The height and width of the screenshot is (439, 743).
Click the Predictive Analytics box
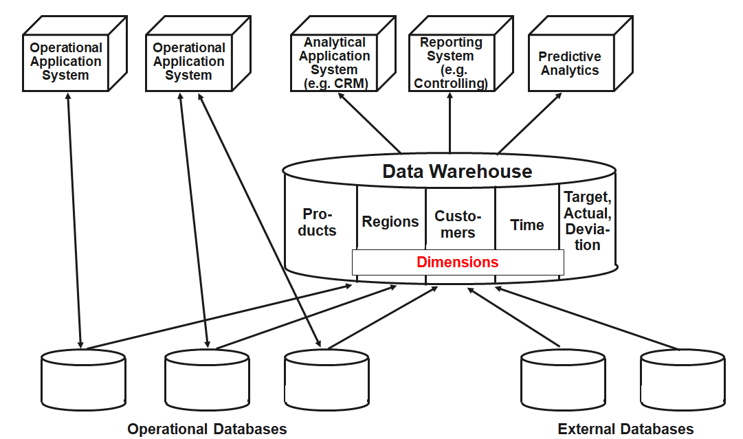pyautogui.click(x=569, y=63)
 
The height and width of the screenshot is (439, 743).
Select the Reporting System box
pyautogui.click(x=450, y=63)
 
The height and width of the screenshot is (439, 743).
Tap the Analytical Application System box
pyautogui.click(x=335, y=63)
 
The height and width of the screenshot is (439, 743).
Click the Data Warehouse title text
pyautogui.click(x=457, y=171)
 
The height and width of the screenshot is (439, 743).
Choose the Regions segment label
pyautogui.click(x=390, y=222)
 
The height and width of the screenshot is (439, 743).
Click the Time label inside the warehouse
pyautogui.click(x=527, y=225)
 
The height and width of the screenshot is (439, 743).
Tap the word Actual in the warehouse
pyautogui.click(x=586, y=213)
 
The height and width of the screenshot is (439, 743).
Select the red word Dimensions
pyautogui.click(x=457, y=262)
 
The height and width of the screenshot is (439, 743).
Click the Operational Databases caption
pyautogui.click(x=207, y=429)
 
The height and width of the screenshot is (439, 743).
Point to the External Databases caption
pyautogui.click(x=625, y=429)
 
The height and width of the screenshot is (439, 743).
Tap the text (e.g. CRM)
pyautogui.click(x=336, y=84)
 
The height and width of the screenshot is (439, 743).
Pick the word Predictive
pyautogui.click(x=570, y=56)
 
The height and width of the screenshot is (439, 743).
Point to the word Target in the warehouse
pyautogui.click(x=586, y=198)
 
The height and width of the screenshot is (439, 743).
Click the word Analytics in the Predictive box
pyautogui.click(x=570, y=71)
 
